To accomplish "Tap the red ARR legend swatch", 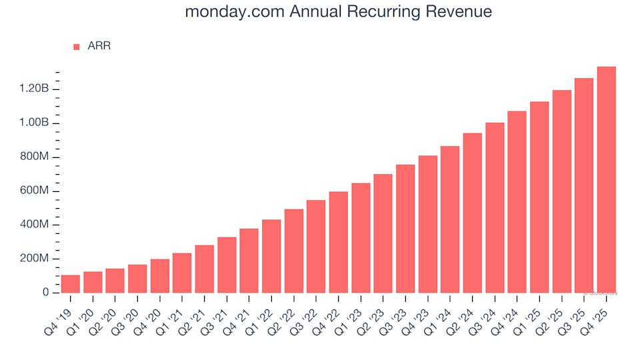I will [76, 47].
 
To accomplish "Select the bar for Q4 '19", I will [70, 284].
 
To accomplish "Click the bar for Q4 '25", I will [606, 180].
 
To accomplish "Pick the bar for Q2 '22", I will [293, 251].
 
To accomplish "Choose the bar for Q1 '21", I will [182, 273].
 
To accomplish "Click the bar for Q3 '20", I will [137, 279].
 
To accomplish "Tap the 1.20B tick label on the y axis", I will [35, 89].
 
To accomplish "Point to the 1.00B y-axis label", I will [35, 123].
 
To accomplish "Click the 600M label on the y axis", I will [35, 191].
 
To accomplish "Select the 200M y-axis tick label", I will [35, 259].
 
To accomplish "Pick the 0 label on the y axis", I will [46, 293].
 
